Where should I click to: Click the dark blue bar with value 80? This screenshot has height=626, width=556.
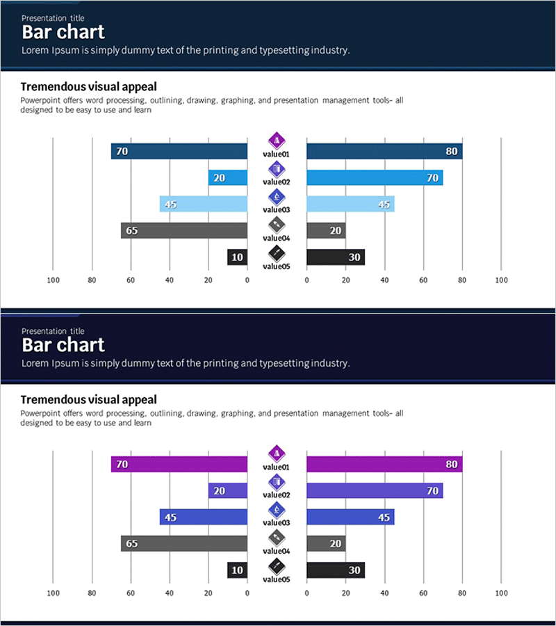coord(384,152)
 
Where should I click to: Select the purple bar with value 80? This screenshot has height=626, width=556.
coord(384,465)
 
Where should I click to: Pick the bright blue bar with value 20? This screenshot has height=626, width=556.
coord(228,178)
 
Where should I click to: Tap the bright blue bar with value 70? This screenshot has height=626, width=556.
coord(375,178)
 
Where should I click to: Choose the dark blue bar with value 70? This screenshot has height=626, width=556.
coord(179,152)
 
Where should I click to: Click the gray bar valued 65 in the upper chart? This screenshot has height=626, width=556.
coord(184,231)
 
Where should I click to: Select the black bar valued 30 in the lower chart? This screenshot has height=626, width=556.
coord(336,570)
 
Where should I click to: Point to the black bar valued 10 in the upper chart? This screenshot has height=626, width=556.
coord(237,257)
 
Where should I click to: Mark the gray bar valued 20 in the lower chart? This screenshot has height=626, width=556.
coord(326,544)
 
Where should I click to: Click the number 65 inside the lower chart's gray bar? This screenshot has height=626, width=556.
coord(132,544)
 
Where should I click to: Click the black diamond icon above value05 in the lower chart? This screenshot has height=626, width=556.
coord(277,565)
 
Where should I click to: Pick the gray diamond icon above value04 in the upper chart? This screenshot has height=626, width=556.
coord(277,225)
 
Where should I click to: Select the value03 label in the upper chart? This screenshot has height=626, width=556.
coord(277,210)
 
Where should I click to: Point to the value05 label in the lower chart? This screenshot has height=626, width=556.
coord(277,579)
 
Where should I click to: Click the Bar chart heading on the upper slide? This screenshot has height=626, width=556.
coord(63,32)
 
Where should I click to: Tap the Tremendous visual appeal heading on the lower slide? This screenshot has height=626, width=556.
coord(88,400)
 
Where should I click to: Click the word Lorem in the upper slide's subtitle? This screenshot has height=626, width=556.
coord(34,50)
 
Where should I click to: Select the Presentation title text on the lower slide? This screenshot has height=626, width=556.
coord(53,331)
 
